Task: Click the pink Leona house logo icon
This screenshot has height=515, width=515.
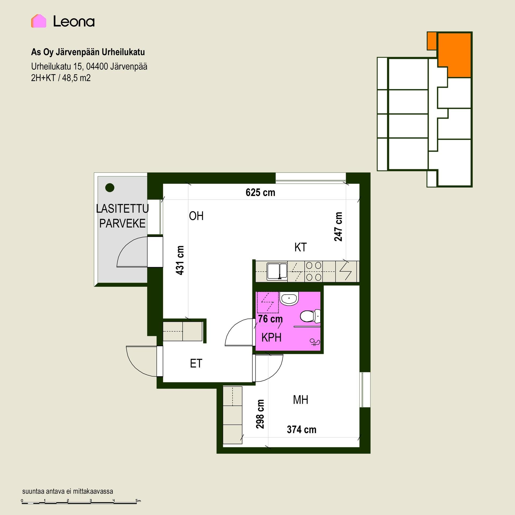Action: [39, 21]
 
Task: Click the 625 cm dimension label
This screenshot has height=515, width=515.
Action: [260, 193]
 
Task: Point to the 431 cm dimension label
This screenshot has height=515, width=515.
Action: [180, 260]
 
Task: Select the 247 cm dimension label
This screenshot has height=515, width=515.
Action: [338, 227]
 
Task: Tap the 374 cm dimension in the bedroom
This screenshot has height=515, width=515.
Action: [301, 429]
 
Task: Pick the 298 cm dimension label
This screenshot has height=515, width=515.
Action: [260, 414]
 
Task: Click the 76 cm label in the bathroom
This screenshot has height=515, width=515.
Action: [270, 319]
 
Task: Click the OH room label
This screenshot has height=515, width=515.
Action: [196, 216]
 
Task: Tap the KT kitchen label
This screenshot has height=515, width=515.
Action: [300, 247]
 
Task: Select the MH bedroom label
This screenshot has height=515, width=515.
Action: [300, 400]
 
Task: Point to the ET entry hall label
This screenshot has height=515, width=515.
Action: [196, 363]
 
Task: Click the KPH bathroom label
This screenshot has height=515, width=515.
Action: [271, 338]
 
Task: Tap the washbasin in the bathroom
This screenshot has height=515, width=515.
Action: [289, 298]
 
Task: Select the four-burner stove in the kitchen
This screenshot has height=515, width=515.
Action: [314, 271]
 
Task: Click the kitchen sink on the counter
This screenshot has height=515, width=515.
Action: [277, 271]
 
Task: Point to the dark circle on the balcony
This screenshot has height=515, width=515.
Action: [110, 187]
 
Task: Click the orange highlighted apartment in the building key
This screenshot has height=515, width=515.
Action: [454, 55]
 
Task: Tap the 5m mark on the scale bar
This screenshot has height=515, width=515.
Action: [138, 501]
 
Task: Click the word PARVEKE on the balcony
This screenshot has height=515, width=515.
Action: [122, 223]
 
